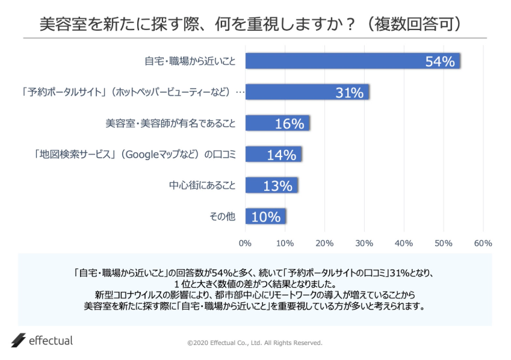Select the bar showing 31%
tap(307, 92)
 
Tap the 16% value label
tap(290, 124)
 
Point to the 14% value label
tap(282, 155)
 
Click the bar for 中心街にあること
tap(271, 185)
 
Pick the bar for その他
tap(265, 217)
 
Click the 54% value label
tap(439, 61)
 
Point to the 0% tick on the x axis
tap(245, 243)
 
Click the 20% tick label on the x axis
tap(324, 243)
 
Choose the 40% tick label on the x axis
tap(404, 243)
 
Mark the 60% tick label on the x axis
tap(483, 243)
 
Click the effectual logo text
tap(51, 341)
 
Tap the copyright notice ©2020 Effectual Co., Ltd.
tap(255, 343)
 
